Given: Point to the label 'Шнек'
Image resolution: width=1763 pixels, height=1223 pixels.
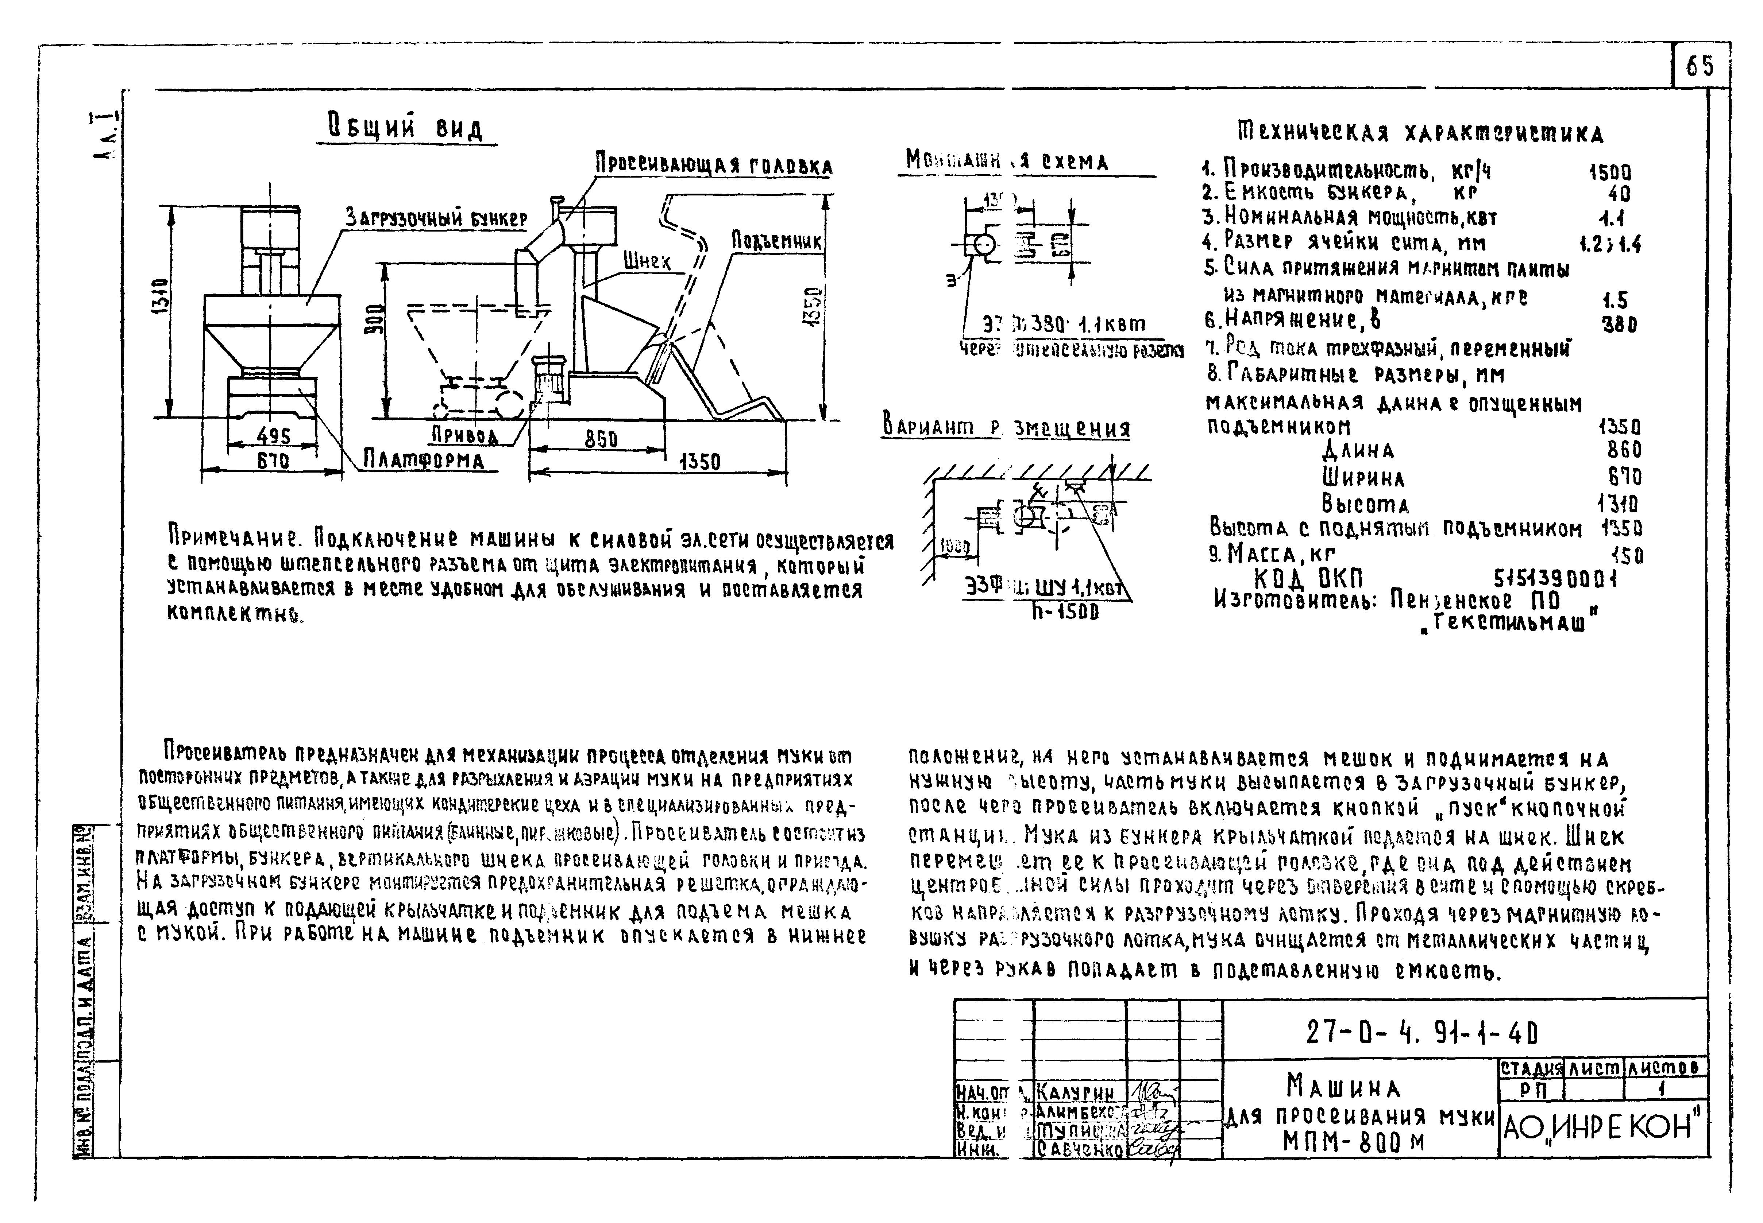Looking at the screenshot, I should pyautogui.click(x=646, y=261).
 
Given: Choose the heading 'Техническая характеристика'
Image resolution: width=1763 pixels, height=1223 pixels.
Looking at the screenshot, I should pyautogui.click(x=1420, y=133).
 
